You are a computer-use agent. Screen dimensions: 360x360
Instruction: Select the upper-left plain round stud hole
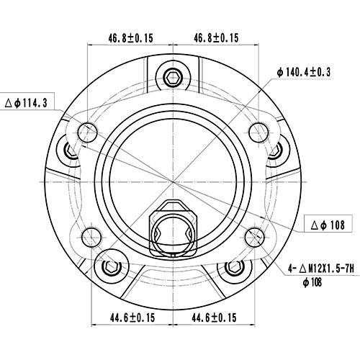coord(89,131)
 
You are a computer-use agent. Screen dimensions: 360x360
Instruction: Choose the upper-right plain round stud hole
coord(257,130)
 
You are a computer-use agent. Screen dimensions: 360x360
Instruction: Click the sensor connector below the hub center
coord(172,228)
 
